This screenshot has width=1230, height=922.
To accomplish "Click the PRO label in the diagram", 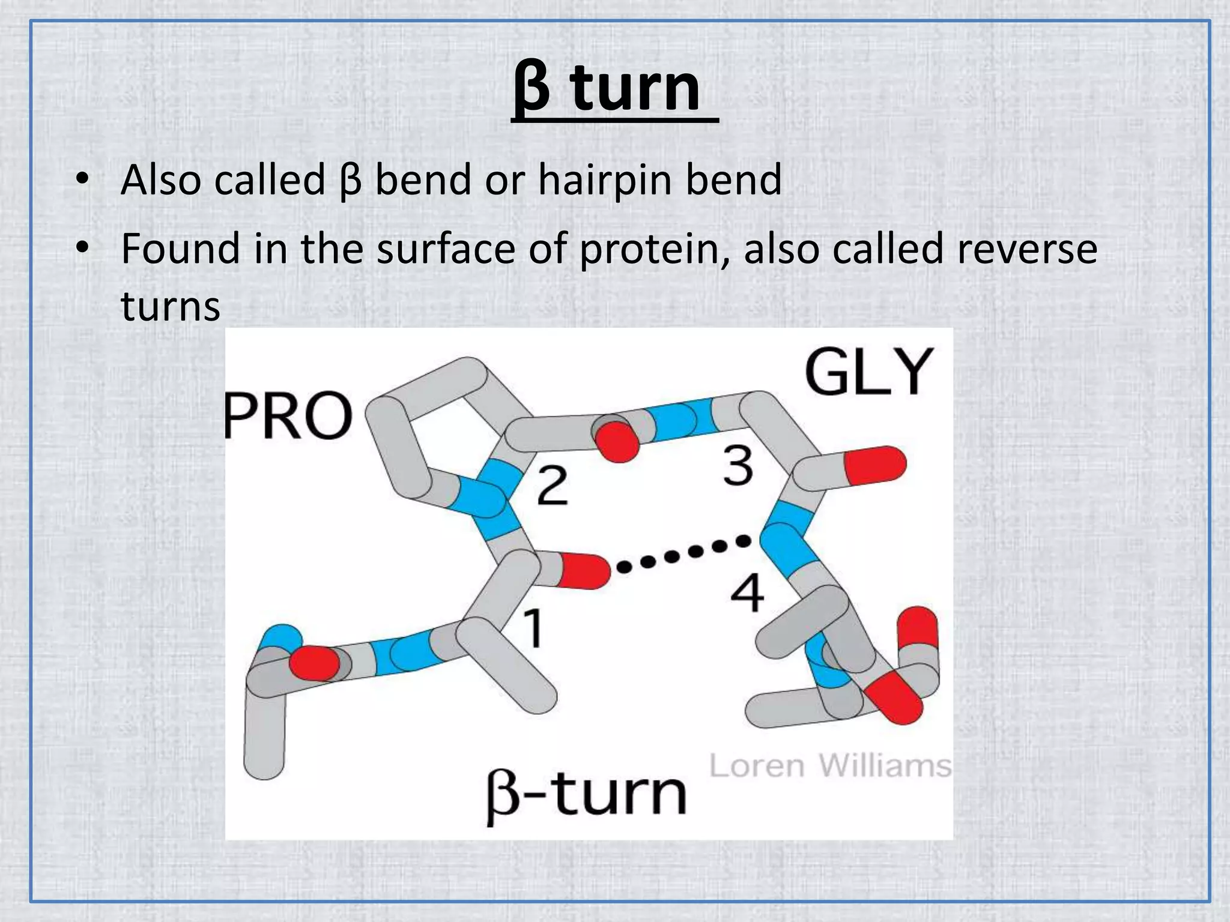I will [288, 415].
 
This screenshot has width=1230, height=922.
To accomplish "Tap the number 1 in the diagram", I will [533, 628].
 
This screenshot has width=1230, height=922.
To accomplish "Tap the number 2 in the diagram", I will [552, 486].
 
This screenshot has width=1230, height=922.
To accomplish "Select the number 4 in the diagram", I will [747, 592].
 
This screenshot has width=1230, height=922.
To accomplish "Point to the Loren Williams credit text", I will [830, 767].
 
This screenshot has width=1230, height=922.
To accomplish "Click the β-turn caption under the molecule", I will [586, 794].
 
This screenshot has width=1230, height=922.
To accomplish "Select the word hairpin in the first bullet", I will [605, 180].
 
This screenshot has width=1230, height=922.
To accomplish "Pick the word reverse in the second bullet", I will [1027, 249].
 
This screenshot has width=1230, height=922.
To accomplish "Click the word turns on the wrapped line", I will [171, 306].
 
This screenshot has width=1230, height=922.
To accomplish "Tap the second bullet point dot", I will [82, 247].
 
